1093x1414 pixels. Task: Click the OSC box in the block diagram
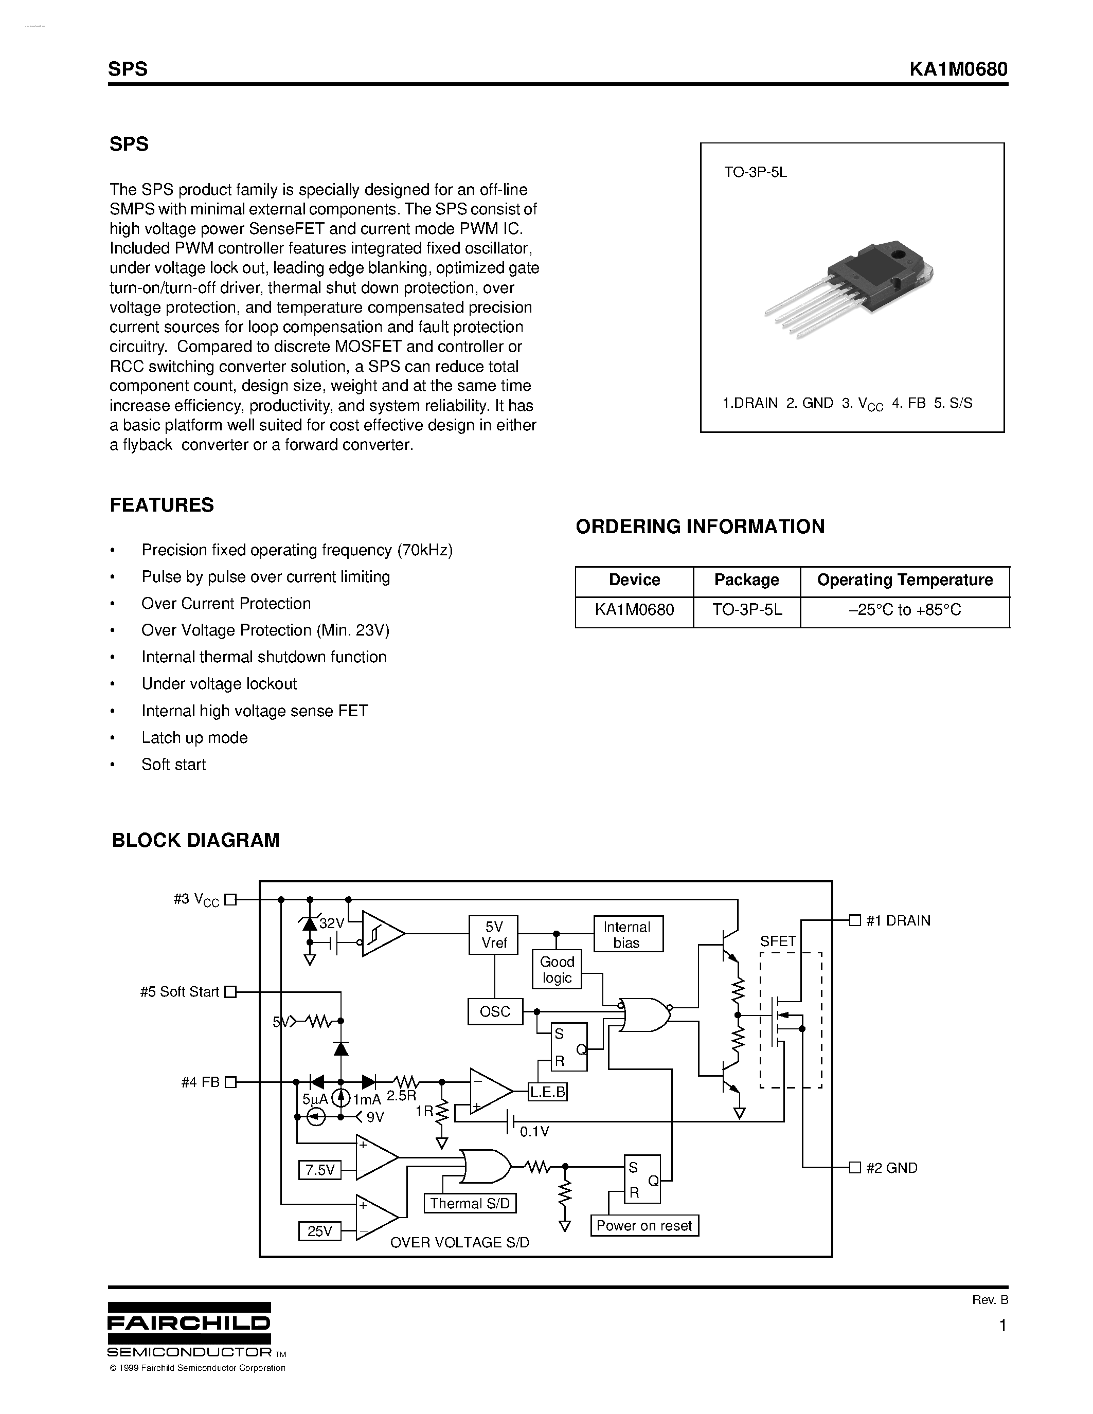click(x=495, y=1011)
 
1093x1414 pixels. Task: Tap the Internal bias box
click(x=628, y=935)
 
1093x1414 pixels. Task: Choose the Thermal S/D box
click(x=470, y=1204)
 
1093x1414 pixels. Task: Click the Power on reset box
click(x=644, y=1226)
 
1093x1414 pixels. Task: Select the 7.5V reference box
click(x=320, y=1170)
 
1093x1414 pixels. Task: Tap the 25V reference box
click(x=320, y=1231)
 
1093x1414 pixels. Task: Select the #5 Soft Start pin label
click(x=180, y=992)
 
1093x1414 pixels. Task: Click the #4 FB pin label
click(x=201, y=1082)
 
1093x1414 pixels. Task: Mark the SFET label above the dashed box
click(x=778, y=941)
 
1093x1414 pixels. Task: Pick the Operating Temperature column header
click(x=905, y=580)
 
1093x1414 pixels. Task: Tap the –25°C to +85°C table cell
click(x=905, y=610)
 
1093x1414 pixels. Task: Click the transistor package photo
click(x=849, y=288)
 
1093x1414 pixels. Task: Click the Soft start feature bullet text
click(x=173, y=765)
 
